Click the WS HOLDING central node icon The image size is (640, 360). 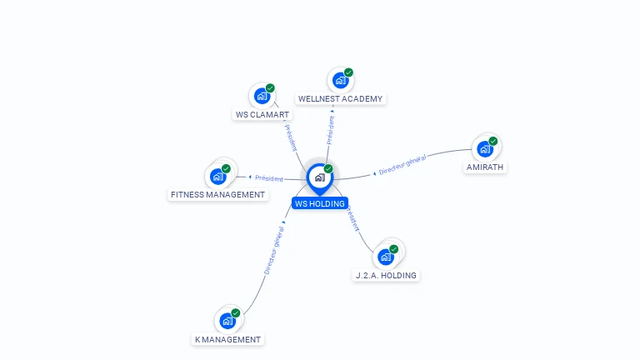click(x=319, y=177)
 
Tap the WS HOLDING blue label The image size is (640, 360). click(x=320, y=203)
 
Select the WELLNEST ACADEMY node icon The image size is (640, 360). click(x=340, y=80)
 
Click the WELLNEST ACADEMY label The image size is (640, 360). click(x=340, y=98)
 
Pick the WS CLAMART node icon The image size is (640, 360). click(x=262, y=96)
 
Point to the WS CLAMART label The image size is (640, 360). click(x=262, y=115)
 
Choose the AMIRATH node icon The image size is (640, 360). click(x=484, y=149)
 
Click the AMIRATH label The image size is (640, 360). click(x=485, y=167)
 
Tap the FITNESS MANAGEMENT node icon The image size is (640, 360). click(x=217, y=176)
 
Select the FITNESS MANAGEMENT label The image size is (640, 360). click(x=217, y=195)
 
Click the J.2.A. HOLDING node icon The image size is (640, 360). click(x=385, y=256)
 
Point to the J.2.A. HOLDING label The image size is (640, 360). click(x=386, y=275)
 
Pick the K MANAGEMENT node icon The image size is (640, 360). click(x=227, y=320)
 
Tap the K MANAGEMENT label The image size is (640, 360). click(x=227, y=339)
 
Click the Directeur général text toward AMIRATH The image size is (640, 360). click(x=402, y=165)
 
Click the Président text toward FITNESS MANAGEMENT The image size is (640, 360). click(x=268, y=177)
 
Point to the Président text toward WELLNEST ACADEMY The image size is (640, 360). click(x=331, y=130)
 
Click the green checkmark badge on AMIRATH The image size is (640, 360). click(x=493, y=142)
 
